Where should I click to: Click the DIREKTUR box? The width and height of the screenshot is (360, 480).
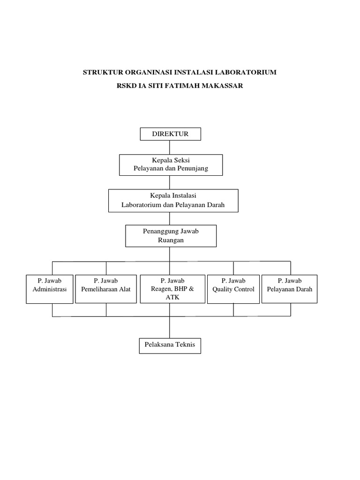point(171,134)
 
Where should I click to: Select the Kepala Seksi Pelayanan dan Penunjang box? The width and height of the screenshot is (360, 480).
point(171,165)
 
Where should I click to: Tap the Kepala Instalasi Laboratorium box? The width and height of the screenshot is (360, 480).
point(173,200)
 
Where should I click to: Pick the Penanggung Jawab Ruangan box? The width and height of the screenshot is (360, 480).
point(171,236)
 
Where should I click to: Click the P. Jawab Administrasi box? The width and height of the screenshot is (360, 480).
point(50,289)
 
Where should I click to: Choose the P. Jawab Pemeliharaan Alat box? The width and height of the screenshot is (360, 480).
point(106,289)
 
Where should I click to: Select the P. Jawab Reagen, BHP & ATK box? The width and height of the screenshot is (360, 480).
point(172,289)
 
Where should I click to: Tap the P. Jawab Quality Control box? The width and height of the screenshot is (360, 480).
point(233,289)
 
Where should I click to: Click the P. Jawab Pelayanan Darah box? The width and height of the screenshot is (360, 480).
point(289,289)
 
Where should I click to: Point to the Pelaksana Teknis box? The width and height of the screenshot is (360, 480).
point(170,346)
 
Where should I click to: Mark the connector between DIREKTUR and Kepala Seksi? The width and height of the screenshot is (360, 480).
point(170,147)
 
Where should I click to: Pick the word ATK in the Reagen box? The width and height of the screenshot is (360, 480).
point(172,297)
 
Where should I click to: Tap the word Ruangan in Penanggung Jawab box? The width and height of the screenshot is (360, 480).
point(171,240)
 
